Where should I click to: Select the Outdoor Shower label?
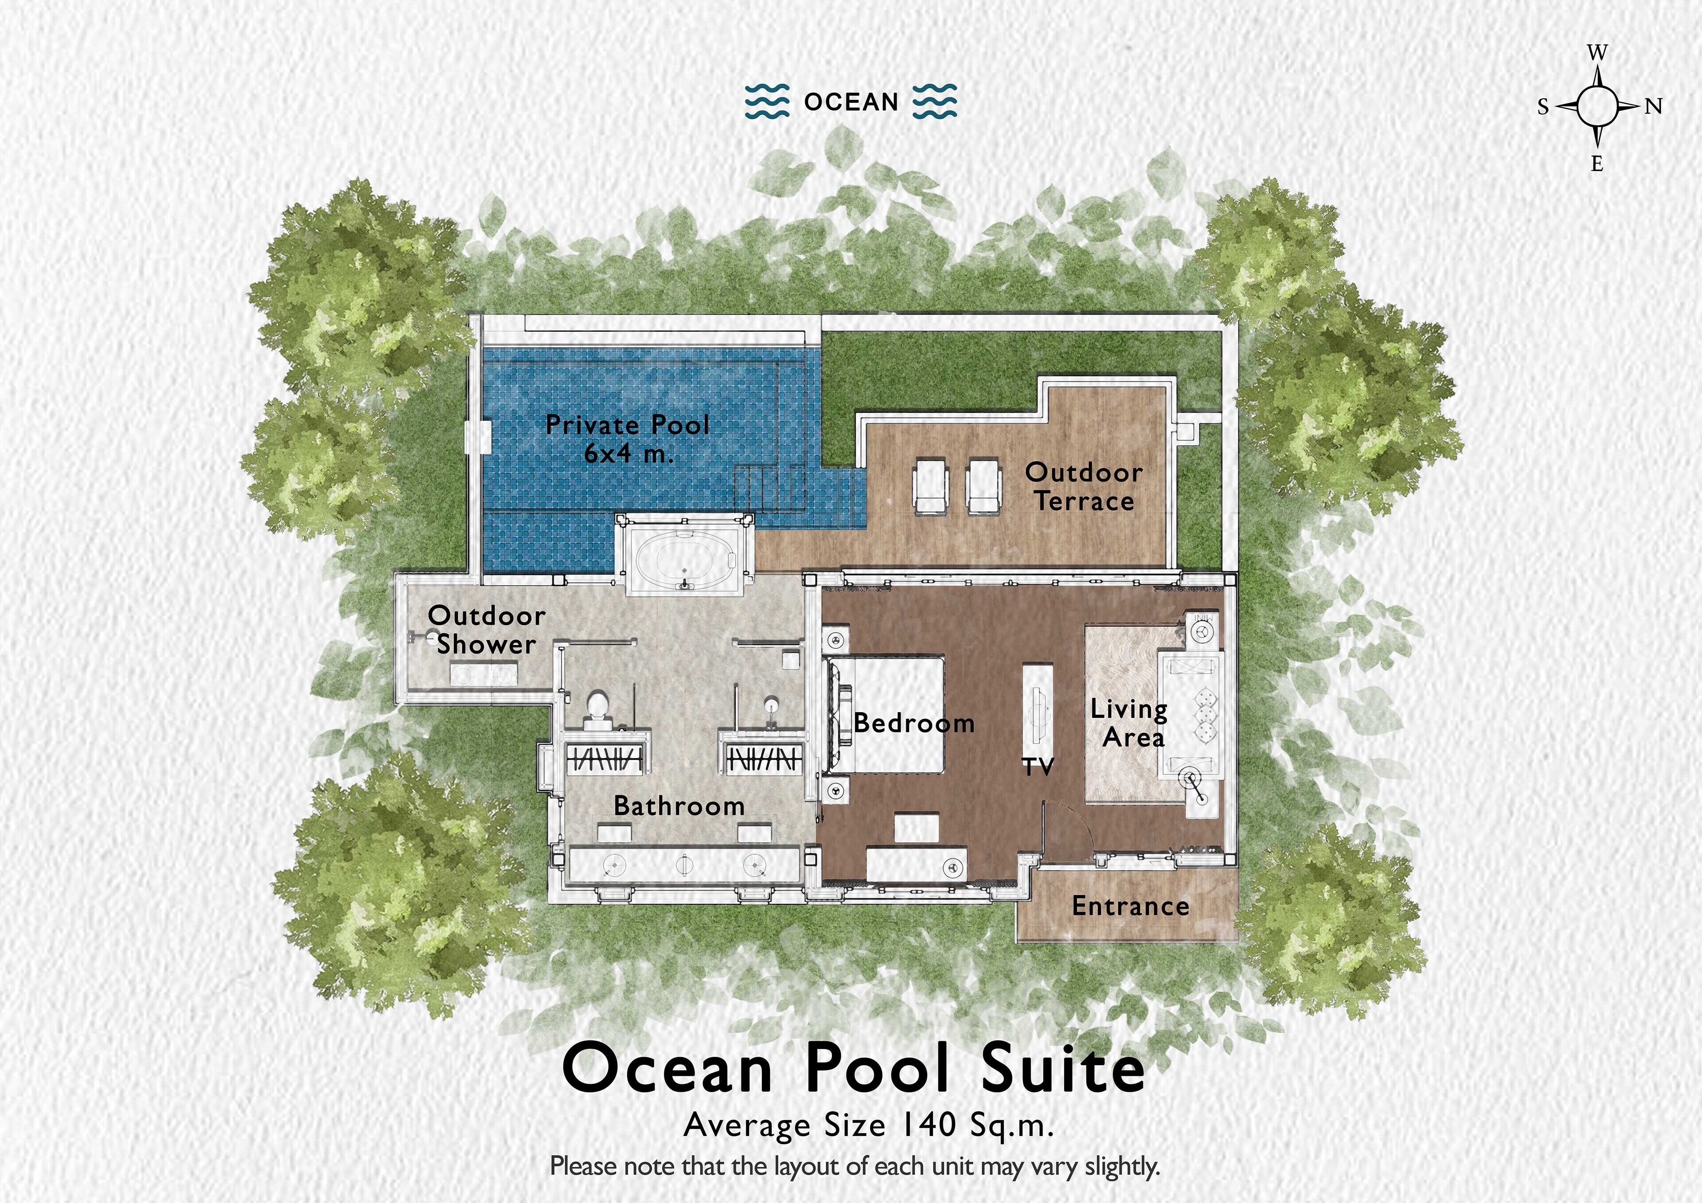click(x=485, y=629)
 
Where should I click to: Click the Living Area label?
click(x=1129, y=723)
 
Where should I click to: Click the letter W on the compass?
click(x=1597, y=53)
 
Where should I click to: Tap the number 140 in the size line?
click(x=927, y=1125)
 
